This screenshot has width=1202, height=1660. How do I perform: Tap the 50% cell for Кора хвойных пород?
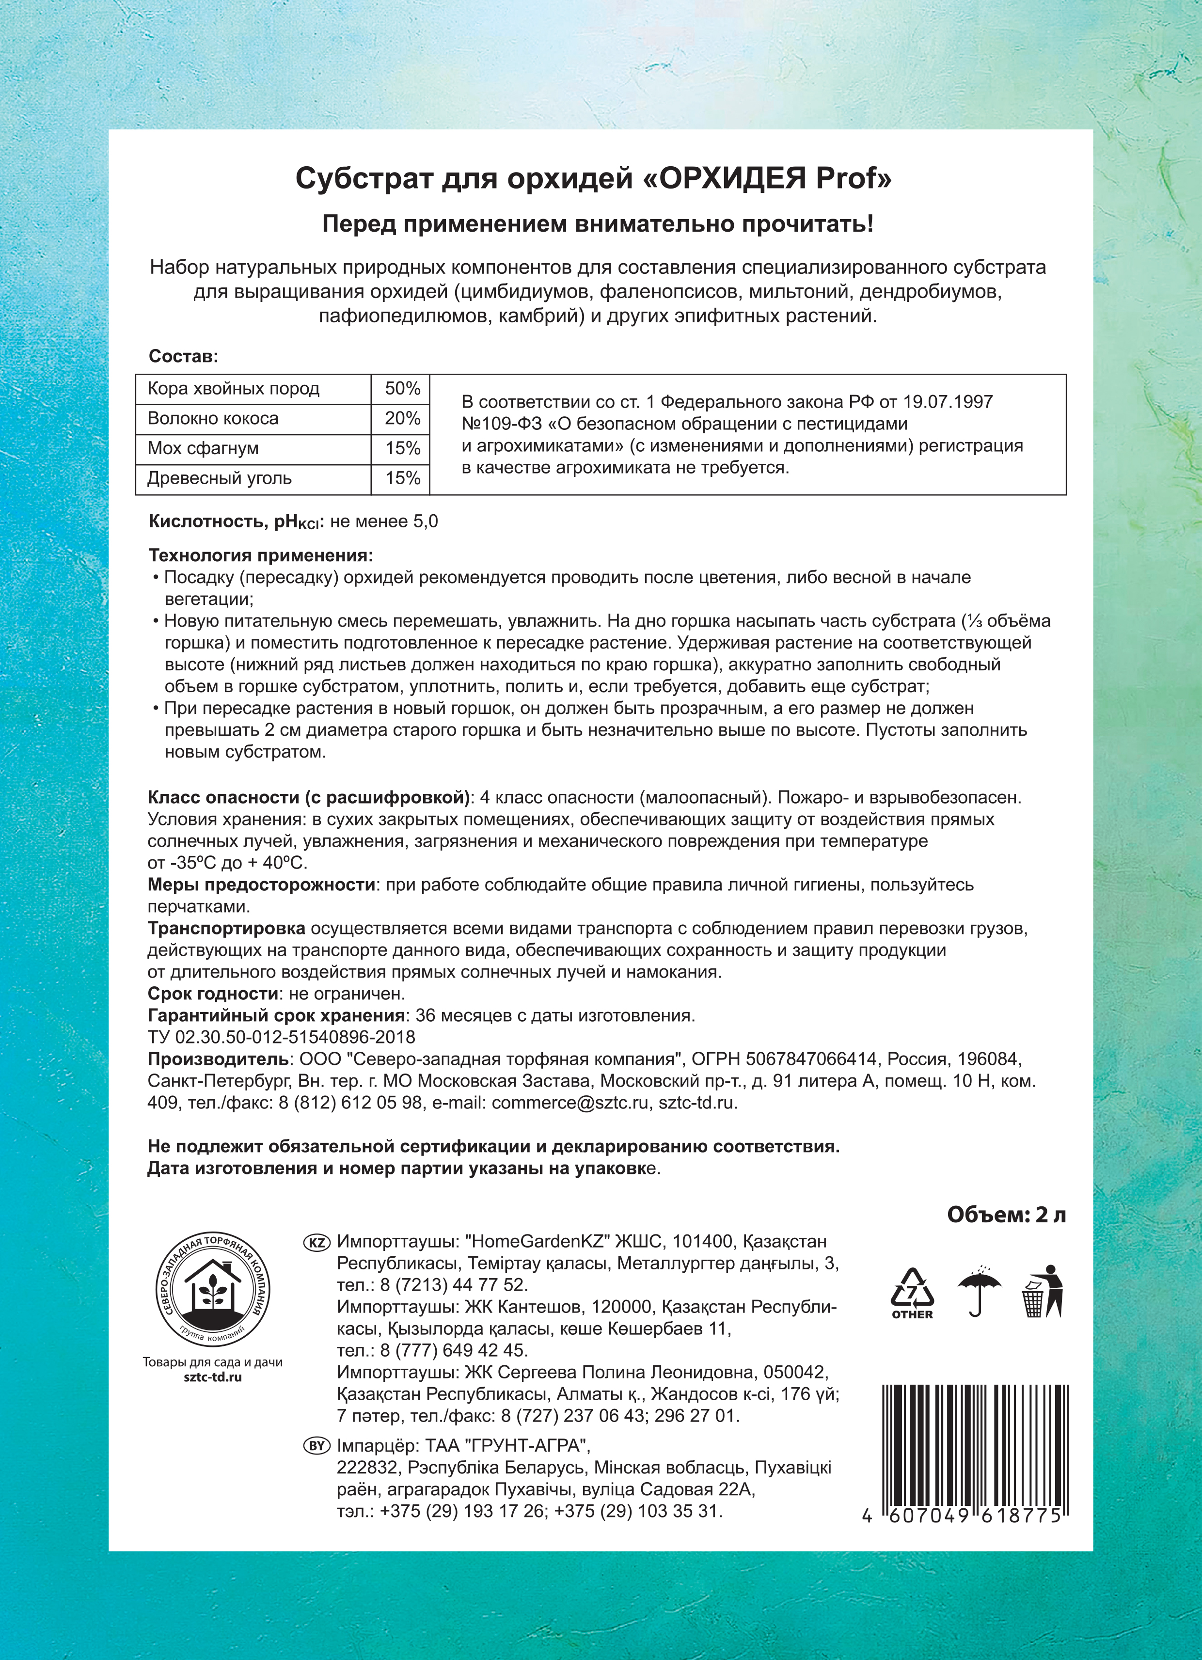coord(402,389)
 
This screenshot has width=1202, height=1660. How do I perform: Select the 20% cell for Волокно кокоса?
coord(402,419)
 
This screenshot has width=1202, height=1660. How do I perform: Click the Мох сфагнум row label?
coord(203,449)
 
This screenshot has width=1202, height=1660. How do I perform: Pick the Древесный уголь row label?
coord(220,479)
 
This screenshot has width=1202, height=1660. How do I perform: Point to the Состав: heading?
coord(183,356)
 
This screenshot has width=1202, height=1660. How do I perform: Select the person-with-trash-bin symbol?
coord(1043,1291)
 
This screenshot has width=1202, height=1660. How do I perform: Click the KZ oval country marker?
coord(316,1243)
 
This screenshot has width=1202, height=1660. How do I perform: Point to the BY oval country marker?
coord(316,1446)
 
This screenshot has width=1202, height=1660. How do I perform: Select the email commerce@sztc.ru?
coord(570,1103)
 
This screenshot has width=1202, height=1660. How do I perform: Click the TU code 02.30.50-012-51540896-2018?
coord(281,1038)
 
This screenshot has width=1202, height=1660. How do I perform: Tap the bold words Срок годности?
coord(212,994)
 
